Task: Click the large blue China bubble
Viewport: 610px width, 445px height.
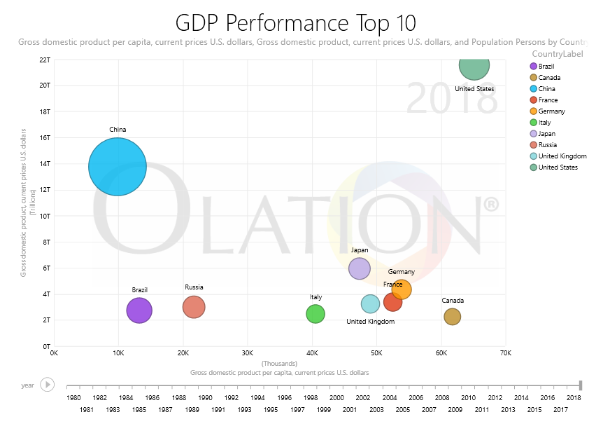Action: tap(118, 167)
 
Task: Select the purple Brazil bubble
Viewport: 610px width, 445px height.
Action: tap(139, 310)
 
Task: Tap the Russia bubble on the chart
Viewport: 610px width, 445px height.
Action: tap(194, 307)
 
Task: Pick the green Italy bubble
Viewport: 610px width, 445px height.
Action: tap(315, 314)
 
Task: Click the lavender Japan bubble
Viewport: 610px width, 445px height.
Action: tap(359, 268)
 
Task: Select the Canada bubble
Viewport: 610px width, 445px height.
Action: tap(453, 317)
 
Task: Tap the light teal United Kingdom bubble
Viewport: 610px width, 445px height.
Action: tap(369, 304)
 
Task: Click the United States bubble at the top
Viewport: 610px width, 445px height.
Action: tap(474, 65)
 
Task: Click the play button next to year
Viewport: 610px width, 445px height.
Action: tap(47, 385)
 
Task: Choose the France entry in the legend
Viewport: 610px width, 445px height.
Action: tap(548, 100)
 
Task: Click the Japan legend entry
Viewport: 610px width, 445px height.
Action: tap(547, 134)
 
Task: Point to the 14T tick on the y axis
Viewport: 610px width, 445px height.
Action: tap(45, 164)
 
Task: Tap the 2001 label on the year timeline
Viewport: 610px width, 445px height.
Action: tap(350, 409)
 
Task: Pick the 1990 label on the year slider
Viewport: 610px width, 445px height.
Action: tap(205, 398)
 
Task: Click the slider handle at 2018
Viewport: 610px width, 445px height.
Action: tap(581, 385)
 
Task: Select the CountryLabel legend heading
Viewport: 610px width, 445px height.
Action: tap(558, 55)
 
